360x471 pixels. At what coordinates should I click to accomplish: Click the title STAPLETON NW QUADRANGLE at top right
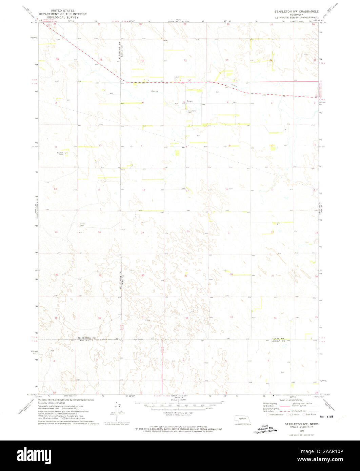point(296,12)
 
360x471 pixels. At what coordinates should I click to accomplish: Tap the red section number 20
point(188,231)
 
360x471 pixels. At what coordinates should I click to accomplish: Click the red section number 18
point(143,190)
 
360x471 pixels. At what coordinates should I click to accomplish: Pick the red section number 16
point(226,189)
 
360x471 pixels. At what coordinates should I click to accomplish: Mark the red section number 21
point(229,233)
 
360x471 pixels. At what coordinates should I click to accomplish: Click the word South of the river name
point(155,92)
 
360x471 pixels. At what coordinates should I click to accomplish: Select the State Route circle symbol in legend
point(304,414)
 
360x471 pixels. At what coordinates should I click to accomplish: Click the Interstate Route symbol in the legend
point(268,414)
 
